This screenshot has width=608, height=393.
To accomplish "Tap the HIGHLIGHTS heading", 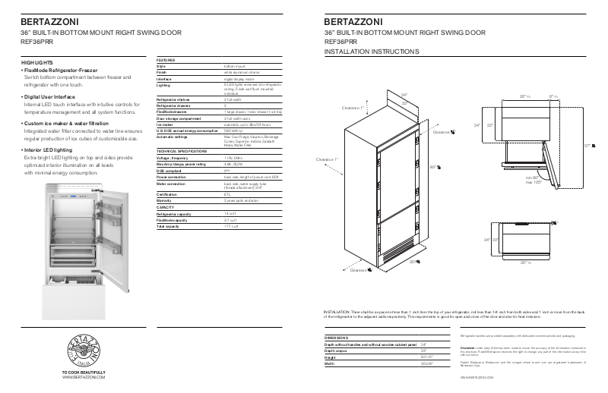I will coord(37,61).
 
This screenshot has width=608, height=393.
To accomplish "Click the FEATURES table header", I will coord(166,58).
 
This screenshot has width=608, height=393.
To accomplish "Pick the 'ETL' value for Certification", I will coord(228,193).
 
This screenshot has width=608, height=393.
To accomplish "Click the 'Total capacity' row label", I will coord(169,226).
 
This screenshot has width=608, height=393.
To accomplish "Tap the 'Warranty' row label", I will coord(165,200).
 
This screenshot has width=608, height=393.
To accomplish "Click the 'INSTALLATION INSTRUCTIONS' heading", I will coord(371,52).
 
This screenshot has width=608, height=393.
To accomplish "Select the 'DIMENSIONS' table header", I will coord(339,337).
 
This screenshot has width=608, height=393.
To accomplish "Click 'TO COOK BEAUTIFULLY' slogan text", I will coord(83,372).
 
